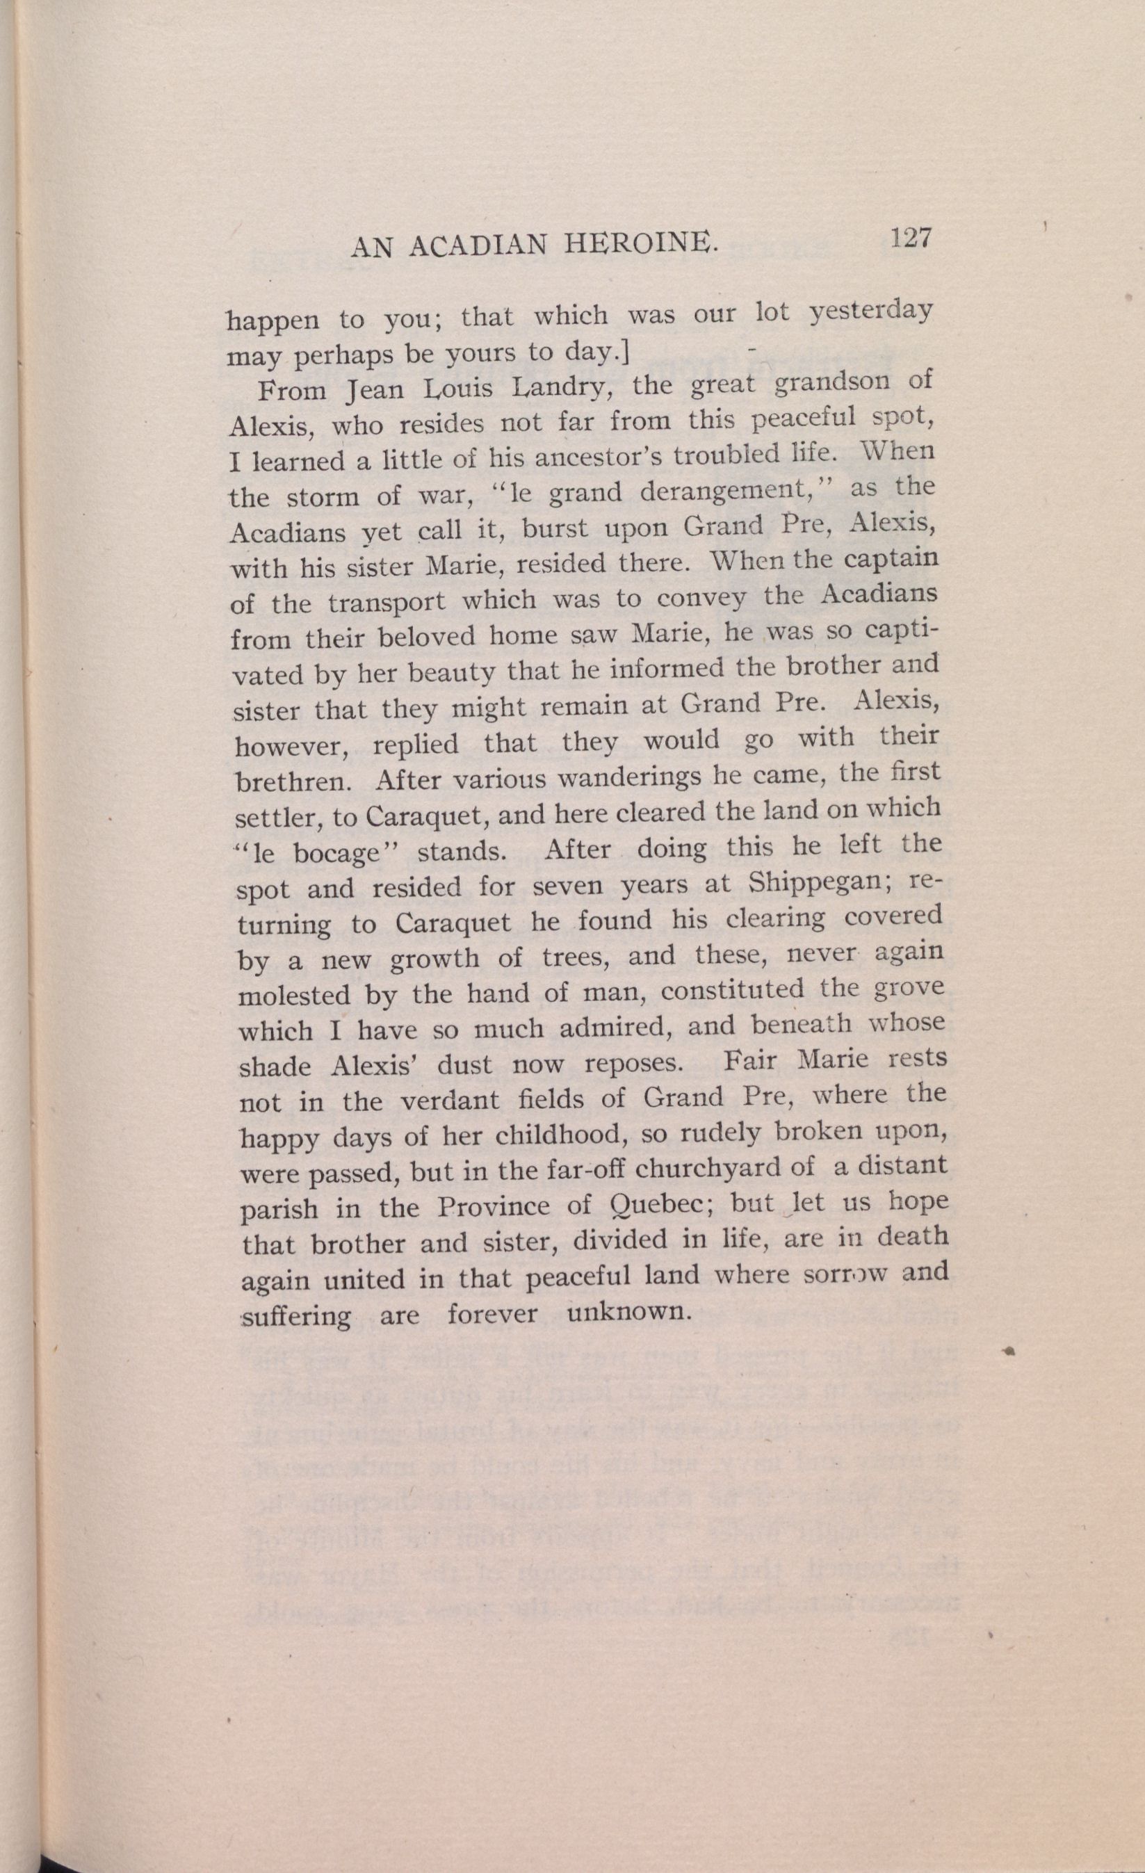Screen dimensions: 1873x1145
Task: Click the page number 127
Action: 911,238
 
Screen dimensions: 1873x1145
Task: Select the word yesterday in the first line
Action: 870,313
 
